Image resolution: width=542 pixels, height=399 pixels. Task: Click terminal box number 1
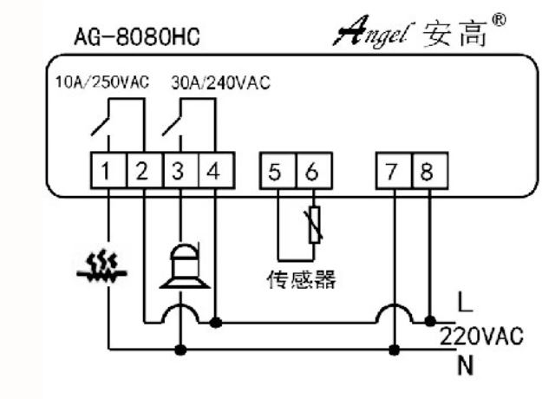coord(105,171)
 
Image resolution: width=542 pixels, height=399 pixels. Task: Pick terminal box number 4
coord(213,171)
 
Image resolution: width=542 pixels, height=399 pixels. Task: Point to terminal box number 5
coord(275,171)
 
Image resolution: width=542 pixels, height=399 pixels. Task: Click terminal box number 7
coord(393,171)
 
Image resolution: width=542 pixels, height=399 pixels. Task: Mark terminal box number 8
coord(426,171)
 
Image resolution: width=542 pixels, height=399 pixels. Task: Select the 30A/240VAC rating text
coord(219,83)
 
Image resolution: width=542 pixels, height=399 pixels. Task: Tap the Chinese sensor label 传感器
coord(299,280)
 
